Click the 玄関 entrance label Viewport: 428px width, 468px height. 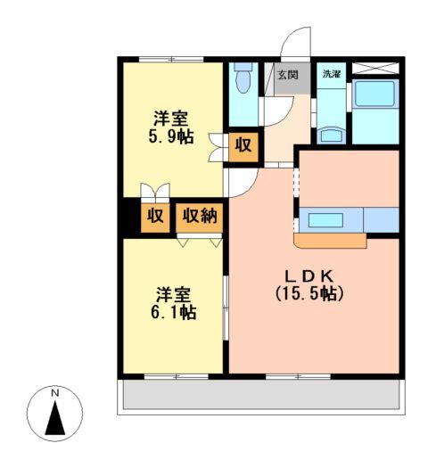(287, 75)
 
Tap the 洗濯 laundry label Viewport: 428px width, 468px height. (331, 75)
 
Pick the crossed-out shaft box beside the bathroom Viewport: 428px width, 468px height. (374, 69)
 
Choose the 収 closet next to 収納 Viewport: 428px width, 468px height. (155, 216)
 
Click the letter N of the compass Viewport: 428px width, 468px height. (54, 393)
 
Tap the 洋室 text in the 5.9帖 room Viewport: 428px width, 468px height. (172, 118)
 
